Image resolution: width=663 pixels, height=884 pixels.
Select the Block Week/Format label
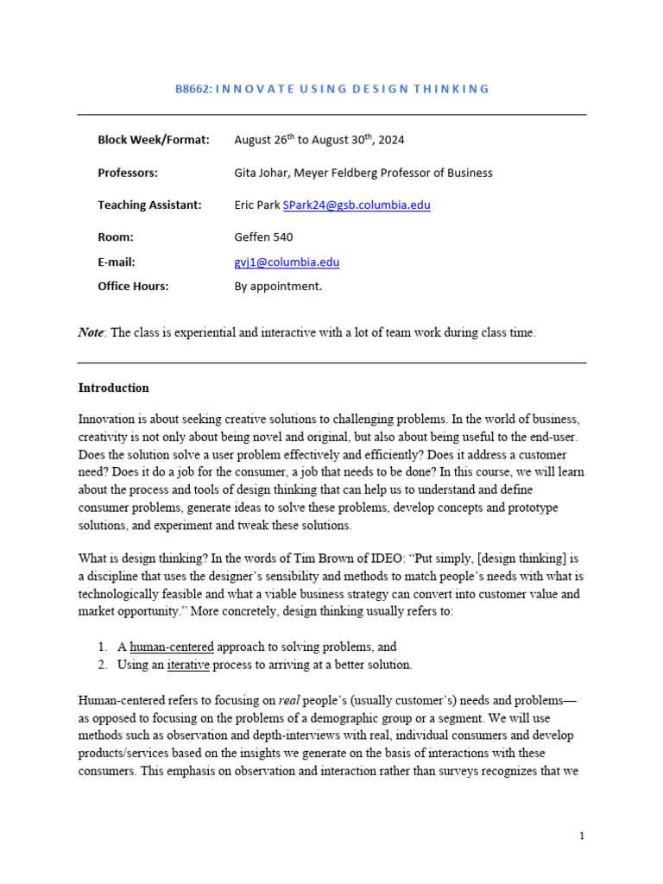tap(154, 140)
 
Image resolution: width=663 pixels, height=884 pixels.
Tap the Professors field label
tap(128, 173)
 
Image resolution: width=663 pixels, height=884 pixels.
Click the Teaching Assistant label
tap(149, 205)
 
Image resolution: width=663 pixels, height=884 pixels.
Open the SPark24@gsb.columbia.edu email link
tap(357, 205)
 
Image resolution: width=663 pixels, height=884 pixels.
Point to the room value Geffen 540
tap(264, 237)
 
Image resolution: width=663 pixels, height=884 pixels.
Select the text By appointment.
tap(278, 287)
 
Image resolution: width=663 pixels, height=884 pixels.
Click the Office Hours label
tap(133, 287)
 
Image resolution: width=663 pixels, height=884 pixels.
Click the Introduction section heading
tap(113, 388)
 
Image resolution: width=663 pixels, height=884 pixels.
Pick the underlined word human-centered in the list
tap(172, 647)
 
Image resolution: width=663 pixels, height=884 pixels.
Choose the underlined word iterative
tap(188, 665)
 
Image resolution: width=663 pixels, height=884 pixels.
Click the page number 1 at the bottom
tap(582, 836)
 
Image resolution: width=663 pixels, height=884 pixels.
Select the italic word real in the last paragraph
tap(289, 701)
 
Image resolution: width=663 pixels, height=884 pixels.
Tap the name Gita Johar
tap(261, 173)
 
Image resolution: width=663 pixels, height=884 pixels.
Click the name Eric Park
tap(256, 205)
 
